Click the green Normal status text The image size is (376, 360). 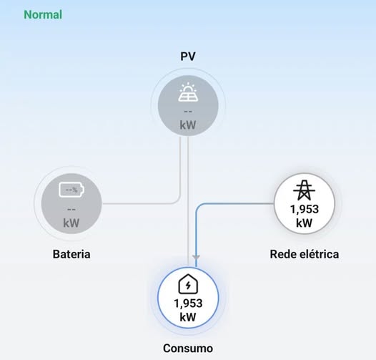point(43,14)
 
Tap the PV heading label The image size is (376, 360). point(188,57)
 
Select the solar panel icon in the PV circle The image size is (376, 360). point(188,92)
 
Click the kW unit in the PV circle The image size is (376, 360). point(188,125)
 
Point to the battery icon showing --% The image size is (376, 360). point(71,190)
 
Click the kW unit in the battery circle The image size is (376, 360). point(71,223)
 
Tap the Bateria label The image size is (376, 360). point(71,254)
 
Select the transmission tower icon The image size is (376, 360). point(304,190)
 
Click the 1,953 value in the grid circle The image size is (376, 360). point(305,209)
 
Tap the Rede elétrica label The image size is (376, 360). point(305,254)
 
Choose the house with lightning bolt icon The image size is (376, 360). point(188,284)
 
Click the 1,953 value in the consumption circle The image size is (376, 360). point(188,303)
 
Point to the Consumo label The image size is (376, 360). point(188,349)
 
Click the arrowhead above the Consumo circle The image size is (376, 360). point(196,257)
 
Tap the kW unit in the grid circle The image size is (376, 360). point(304,223)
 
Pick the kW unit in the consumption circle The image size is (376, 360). point(188,317)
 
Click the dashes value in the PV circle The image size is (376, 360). point(188,112)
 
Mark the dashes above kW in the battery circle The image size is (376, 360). point(71,210)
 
